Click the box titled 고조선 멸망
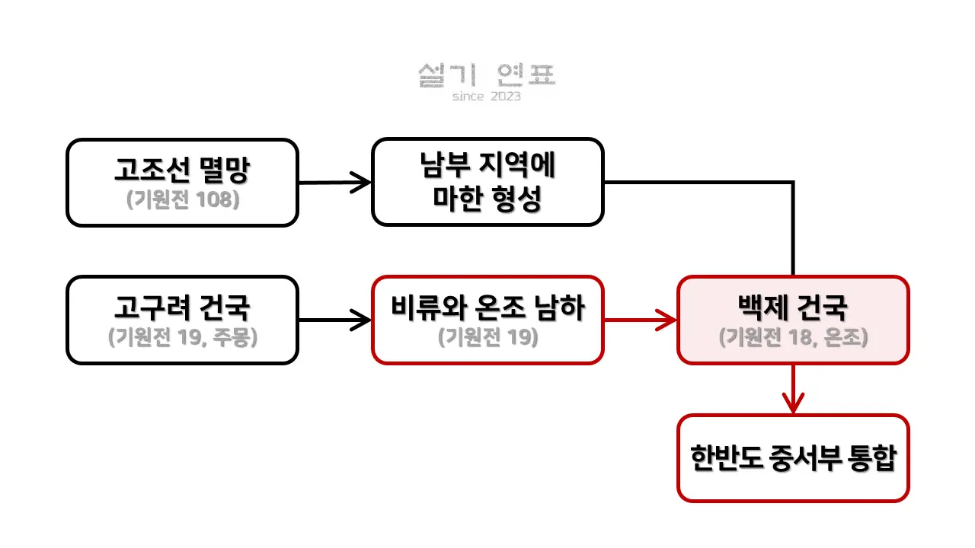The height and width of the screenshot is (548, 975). pos(182,182)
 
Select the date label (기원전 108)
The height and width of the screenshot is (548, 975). pos(182,200)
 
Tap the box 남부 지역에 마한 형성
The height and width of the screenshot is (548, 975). pos(487,182)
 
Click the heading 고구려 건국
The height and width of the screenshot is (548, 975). pos(182,308)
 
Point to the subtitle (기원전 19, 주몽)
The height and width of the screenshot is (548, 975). pos(182,337)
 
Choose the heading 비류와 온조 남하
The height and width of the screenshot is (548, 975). pos(487,308)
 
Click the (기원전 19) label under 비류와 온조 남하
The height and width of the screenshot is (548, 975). pos(487,337)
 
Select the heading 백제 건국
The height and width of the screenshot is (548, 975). pos(793,308)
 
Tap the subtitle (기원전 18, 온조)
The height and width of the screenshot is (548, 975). pos(793,337)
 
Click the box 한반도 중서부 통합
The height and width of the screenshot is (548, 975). pos(793,458)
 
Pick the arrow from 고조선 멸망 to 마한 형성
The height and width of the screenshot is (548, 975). pos(334,183)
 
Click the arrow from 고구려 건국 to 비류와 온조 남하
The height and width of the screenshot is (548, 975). pos(334,320)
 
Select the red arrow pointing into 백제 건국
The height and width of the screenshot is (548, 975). pos(640,320)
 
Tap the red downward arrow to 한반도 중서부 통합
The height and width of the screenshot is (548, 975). pos(793,389)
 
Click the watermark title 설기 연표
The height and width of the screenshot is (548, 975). pos(487,75)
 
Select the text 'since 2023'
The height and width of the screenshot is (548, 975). pos(487,97)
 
